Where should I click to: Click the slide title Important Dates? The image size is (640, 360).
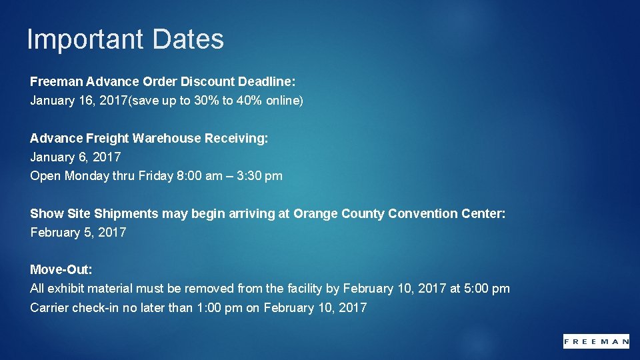[x=125, y=39]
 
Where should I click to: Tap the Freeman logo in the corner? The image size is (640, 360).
[x=596, y=341]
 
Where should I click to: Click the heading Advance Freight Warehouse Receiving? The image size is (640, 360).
[x=149, y=138]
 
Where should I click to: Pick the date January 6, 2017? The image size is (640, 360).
[x=76, y=157]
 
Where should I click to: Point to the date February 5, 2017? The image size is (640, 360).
[x=78, y=233]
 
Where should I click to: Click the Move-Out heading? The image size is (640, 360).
[x=61, y=270]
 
